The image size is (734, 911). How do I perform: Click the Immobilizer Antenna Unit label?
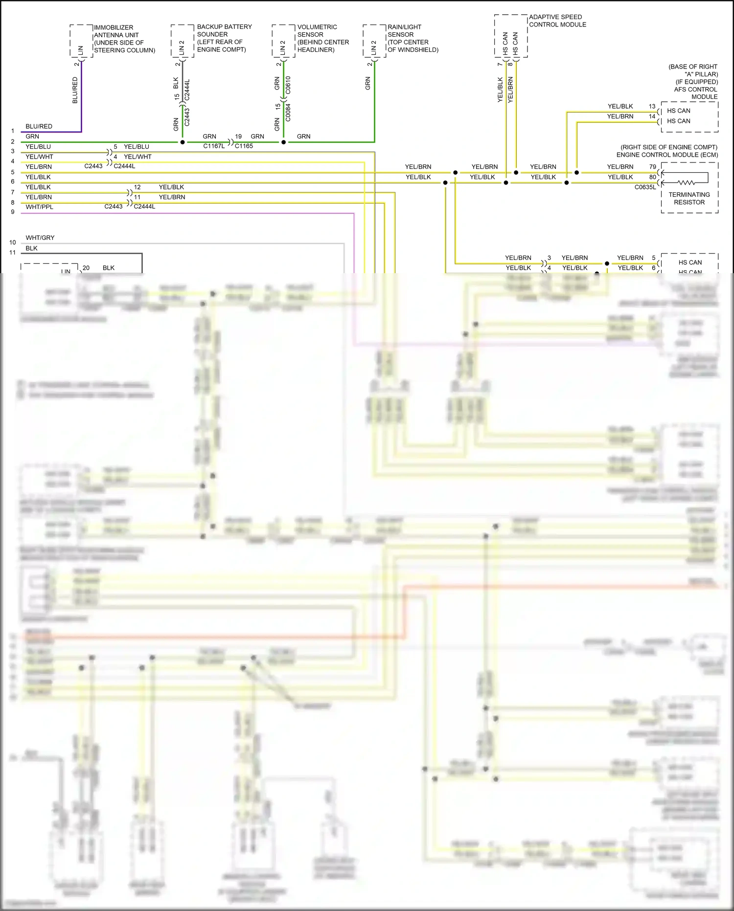[124, 39]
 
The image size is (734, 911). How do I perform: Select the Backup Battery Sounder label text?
[224, 38]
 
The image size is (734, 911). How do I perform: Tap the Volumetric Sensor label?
[322, 38]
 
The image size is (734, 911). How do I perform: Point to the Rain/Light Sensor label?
[412, 38]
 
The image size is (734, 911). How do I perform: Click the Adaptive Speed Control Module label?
[557, 21]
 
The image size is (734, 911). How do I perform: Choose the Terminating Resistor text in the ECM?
[689, 198]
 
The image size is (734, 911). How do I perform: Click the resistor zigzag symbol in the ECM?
[686, 183]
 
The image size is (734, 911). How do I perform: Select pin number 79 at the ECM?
[652, 167]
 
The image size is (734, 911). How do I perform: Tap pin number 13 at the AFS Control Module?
[652, 106]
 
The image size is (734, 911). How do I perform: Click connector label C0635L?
[644, 187]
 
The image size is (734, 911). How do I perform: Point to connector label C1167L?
[214, 146]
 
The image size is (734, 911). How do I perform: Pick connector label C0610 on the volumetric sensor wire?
[288, 85]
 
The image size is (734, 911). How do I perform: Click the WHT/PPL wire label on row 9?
[39, 207]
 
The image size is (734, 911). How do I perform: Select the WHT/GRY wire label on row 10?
[40, 238]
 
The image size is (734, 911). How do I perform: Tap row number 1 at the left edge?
[13, 131]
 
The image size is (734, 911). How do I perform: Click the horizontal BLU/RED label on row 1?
[39, 126]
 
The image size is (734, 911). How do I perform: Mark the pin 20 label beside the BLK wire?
[86, 268]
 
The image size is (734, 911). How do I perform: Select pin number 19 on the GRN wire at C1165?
[238, 137]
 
